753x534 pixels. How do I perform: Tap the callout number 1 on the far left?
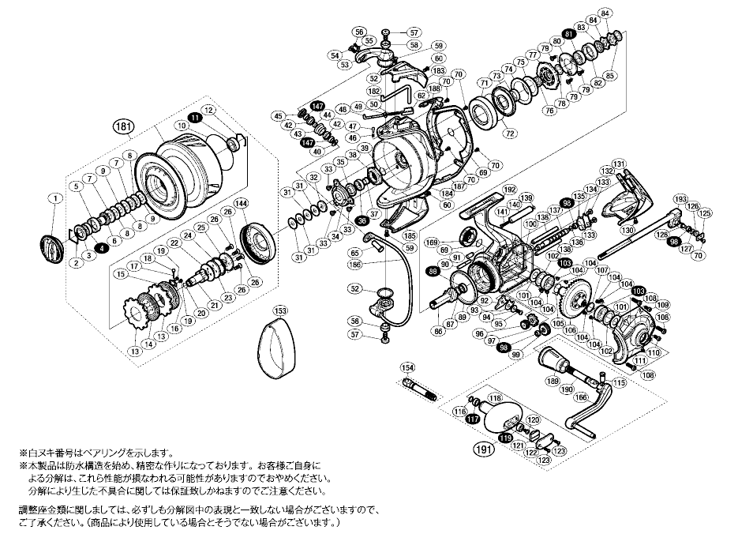click(x=54, y=199)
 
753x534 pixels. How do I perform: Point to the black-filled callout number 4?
click(x=103, y=249)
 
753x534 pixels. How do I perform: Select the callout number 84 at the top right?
click(x=605, y=13)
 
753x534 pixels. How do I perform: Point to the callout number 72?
click(x=510, y=133)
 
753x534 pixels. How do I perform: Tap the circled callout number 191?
click(x=482, y=449)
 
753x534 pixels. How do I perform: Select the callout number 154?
click(x=407, y=368)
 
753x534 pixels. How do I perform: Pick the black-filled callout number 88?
click(x=432, y=271)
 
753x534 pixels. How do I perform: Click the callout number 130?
click(x=627, y=230)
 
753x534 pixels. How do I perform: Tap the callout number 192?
click(x=508, y=190)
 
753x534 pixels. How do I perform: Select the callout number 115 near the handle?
click(x=619, y=382)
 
